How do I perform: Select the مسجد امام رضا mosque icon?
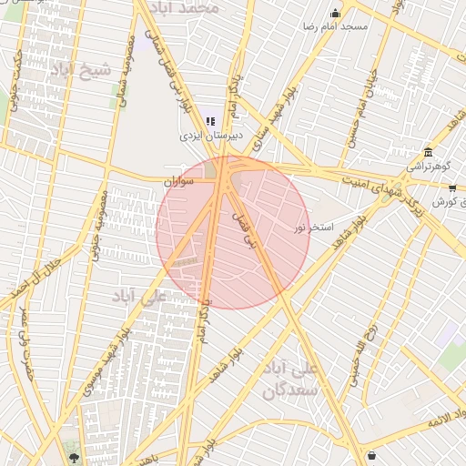tap(335, 13)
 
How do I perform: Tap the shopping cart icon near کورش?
tap(452, 187)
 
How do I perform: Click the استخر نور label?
tap(314, 226)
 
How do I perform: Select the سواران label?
tap(179, 182)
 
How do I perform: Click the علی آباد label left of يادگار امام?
tap(139, 297)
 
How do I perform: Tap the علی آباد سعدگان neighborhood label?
tap(291, 380)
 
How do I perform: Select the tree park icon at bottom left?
tap(74, 457)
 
